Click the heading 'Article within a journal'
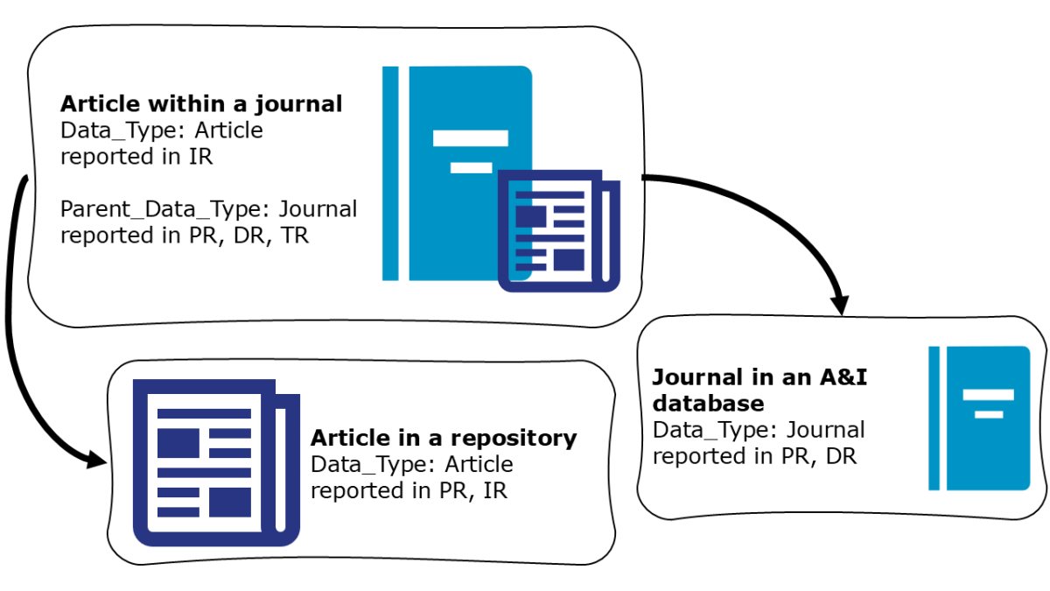coord(200,104)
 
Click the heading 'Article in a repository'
coord(444,437)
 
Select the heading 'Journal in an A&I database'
coord(759,390)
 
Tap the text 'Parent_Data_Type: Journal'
coord(208,209)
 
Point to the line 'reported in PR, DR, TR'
coord(184,236)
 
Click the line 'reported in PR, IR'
coord(409,490)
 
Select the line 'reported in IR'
coord(136,157)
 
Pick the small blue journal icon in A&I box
coord(979,418)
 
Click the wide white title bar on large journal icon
coord(471,137)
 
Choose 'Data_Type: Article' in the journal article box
coord(161,130)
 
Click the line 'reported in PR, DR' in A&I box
coord(754,456)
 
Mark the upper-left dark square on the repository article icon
coord(178,443)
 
